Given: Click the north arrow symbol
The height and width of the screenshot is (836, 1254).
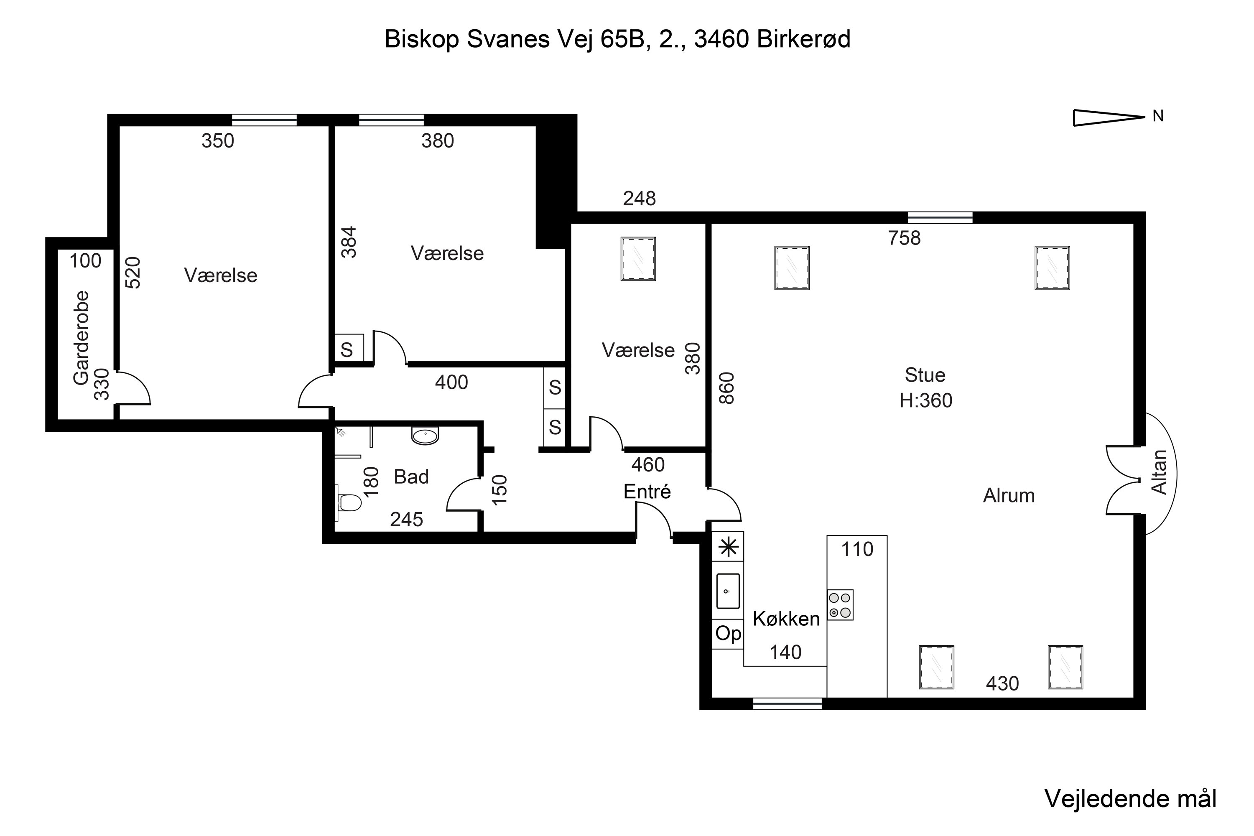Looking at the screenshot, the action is pos(1108,118).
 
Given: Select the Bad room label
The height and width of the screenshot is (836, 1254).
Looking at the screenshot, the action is pos(411,477).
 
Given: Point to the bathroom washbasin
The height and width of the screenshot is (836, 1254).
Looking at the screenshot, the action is pos(425,435).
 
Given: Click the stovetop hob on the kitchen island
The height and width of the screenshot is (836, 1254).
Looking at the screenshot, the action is pos(840,604).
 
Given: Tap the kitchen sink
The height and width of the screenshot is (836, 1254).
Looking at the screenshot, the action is pos(727,591).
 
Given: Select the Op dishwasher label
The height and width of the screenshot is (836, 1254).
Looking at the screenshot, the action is pos(728,633).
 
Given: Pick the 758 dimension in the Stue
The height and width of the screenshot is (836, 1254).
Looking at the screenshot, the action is pos(904,238).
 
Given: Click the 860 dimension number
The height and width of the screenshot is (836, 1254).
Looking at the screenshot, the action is pos(727,388).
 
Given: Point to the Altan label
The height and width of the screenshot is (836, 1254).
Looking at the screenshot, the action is pos(1159,472).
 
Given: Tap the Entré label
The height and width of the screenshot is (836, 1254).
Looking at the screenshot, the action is pos(647,492).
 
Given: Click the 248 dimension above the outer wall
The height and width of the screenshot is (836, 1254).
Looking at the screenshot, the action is pos(639,199).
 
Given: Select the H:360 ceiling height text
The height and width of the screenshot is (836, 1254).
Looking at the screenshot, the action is pos(925,400).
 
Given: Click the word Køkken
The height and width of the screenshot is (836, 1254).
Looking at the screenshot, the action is pos(786,619).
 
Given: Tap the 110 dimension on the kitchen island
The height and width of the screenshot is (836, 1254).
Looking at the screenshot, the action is pos(857,549).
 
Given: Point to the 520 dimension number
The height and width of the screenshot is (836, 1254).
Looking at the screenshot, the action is pos(133,273).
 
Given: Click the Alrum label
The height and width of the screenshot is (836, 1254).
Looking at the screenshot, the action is pos(1009,496).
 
